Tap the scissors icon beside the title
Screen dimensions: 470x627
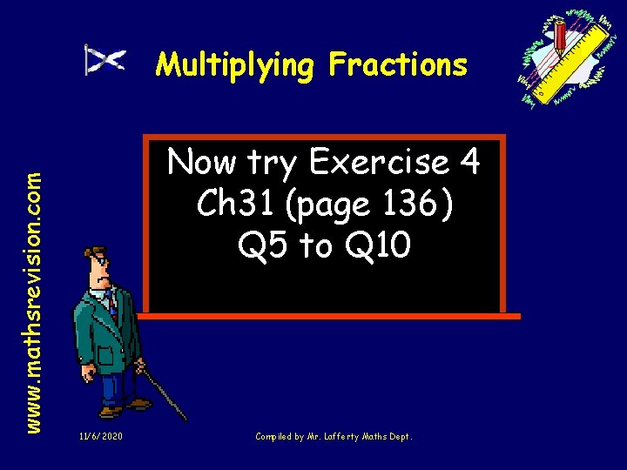point(104,60)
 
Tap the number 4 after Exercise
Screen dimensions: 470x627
point(467,163)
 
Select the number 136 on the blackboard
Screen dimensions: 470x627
point(409,205)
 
